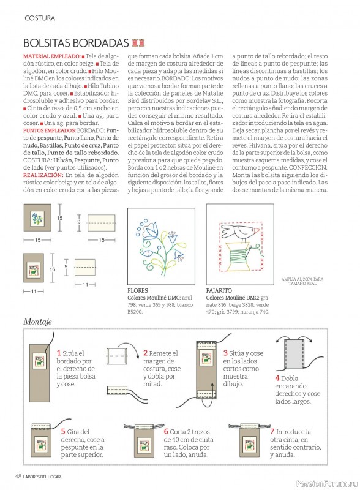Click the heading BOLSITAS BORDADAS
[x=76, y=42]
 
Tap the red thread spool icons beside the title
[x=138, y=42]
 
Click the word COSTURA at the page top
[x=40, y=18]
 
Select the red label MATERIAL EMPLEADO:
[x=52, y=56]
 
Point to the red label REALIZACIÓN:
[x=43, y=175]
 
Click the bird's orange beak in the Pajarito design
[x=257, y=231]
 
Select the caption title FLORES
[x=138, y=290]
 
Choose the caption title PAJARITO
[x=219, y=290]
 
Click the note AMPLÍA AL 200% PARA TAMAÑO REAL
[x=302, y=281]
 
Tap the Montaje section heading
[x=37, y=322]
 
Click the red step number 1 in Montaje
[x=59, y=353]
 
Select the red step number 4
[x=277, y=378]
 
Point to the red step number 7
[x=272, y=432]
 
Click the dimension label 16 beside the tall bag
[x=52, y=269]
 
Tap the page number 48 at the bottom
[x=18, y=477]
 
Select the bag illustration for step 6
[x=144, y=440]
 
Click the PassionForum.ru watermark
[x=327, y=484]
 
